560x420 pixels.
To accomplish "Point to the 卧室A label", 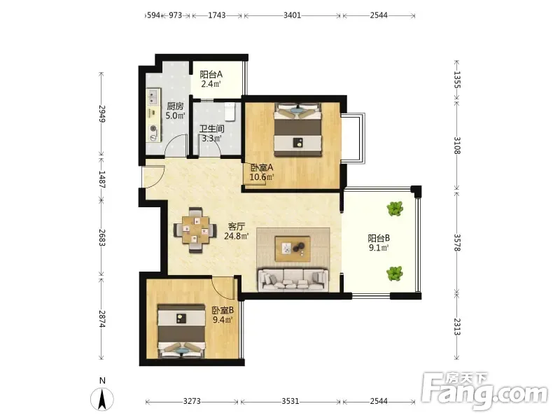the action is click(262, 167).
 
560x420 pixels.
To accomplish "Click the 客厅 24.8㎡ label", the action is click(237, 231).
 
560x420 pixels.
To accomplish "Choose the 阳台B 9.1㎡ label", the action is click(379, 242).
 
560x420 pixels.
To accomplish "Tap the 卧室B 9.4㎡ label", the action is click(223, 314).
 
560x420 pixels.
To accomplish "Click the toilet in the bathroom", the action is click(230, 111).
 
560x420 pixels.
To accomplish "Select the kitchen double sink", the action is click(153, 96).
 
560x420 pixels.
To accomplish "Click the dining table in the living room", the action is click(195, 230).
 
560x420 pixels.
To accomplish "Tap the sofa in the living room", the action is click(293, 279).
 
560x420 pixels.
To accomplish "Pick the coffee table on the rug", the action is click(293, 248).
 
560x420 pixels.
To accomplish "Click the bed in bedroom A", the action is click(298, 129).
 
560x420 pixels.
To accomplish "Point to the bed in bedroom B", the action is click(181, 330).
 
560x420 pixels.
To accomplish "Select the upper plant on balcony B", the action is click(395, 208).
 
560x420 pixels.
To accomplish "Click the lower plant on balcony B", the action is click(394, 273).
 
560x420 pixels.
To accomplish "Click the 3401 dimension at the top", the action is click(292, 15).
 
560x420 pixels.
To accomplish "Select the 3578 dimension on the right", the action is click(457, 242).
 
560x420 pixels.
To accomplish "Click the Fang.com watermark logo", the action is click(484, 392).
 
